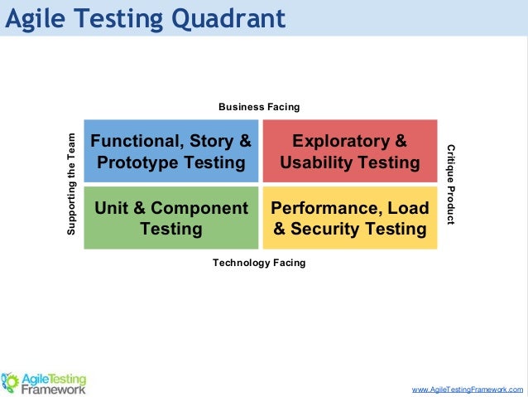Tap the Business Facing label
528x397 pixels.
(259, 107)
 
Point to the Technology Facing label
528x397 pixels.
(259, 263)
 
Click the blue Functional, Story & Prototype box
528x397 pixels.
(171, 150)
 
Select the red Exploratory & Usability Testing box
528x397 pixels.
(350, 150)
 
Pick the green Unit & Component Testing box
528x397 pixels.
(171, 218)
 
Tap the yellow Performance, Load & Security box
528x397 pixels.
(350, 218)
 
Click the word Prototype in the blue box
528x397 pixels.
(138, 162)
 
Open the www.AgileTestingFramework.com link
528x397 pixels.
(468, 389)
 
